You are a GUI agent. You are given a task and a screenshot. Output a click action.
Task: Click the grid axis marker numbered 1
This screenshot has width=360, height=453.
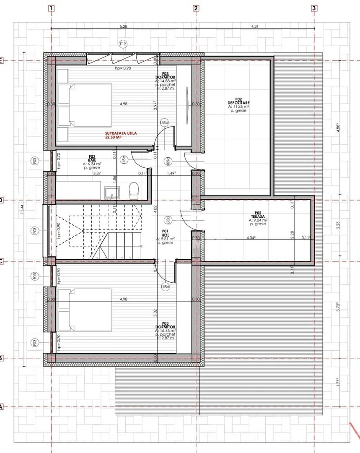51,8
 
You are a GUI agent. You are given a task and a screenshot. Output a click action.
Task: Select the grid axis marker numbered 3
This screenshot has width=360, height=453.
314,8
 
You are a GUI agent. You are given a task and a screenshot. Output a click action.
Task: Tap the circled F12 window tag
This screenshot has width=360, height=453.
123,44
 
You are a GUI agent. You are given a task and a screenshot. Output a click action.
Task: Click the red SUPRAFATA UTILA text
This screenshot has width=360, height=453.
121,135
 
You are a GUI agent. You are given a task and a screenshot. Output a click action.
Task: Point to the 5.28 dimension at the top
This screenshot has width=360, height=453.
123,26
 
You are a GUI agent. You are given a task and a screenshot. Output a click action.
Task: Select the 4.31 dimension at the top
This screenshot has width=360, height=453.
255,26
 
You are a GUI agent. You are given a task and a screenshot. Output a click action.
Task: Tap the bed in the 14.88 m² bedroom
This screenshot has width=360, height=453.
85,105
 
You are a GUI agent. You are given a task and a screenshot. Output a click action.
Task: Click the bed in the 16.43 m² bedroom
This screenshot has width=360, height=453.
85,310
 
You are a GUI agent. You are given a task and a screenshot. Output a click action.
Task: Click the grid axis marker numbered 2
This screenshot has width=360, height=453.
196,8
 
